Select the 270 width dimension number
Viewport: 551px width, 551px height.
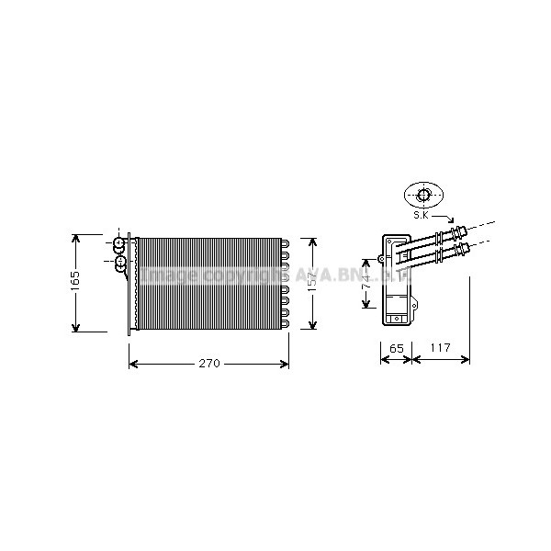pyautogui.click(x=209, y=365)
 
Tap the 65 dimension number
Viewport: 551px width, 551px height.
pyautogui.click(x=397, y=349)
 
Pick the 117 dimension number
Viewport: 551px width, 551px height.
pyautogui.click(x=441, y=349)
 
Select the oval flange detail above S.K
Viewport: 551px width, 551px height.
pyautogui.click(x=424, y=195)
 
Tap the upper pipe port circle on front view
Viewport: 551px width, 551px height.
pyautogui.click(x=118, y=244)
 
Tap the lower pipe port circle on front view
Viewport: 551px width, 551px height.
pyautogui.click(x=119, y=264)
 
